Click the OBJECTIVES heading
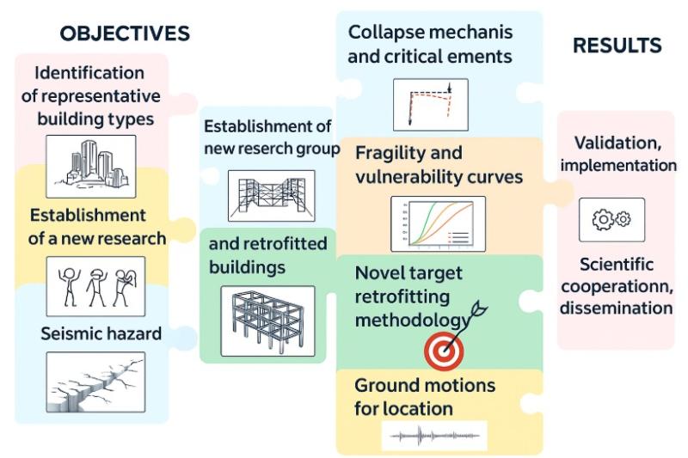pos(125,34)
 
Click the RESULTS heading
pos(617,46)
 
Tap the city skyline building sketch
pos(90,162)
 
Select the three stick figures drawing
pos(95,286)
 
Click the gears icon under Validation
pos(611,220)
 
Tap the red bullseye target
pos(445,349)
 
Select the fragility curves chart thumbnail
pos(438,223)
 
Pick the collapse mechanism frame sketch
pos(430,104)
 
